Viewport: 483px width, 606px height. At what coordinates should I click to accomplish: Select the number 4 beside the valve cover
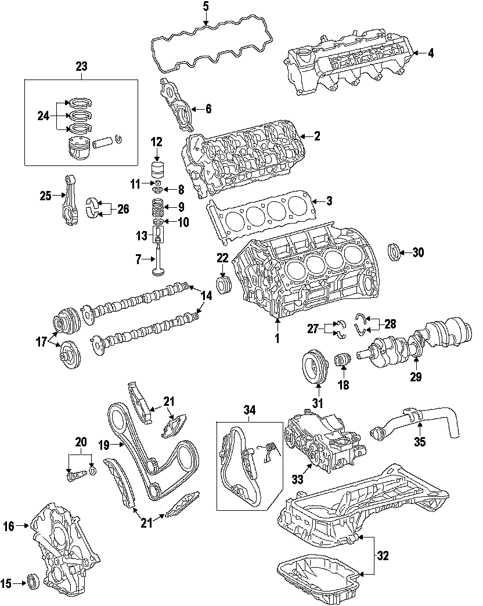coord(430,53)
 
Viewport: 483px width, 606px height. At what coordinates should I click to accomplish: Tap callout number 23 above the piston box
coord(81,66)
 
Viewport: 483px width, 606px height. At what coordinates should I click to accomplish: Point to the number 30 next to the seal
coord(418,252)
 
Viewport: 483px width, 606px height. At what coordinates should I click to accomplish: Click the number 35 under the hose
coord(419,442)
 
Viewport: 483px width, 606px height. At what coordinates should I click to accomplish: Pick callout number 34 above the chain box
coord(249,411)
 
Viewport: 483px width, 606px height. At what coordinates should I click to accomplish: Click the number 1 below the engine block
coord(277,338)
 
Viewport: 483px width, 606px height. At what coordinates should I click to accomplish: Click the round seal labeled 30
coord(394,252)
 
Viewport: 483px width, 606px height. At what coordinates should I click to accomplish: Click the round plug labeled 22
coord(222,285)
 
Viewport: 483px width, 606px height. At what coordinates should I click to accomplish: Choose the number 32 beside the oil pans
coord(382,555)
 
